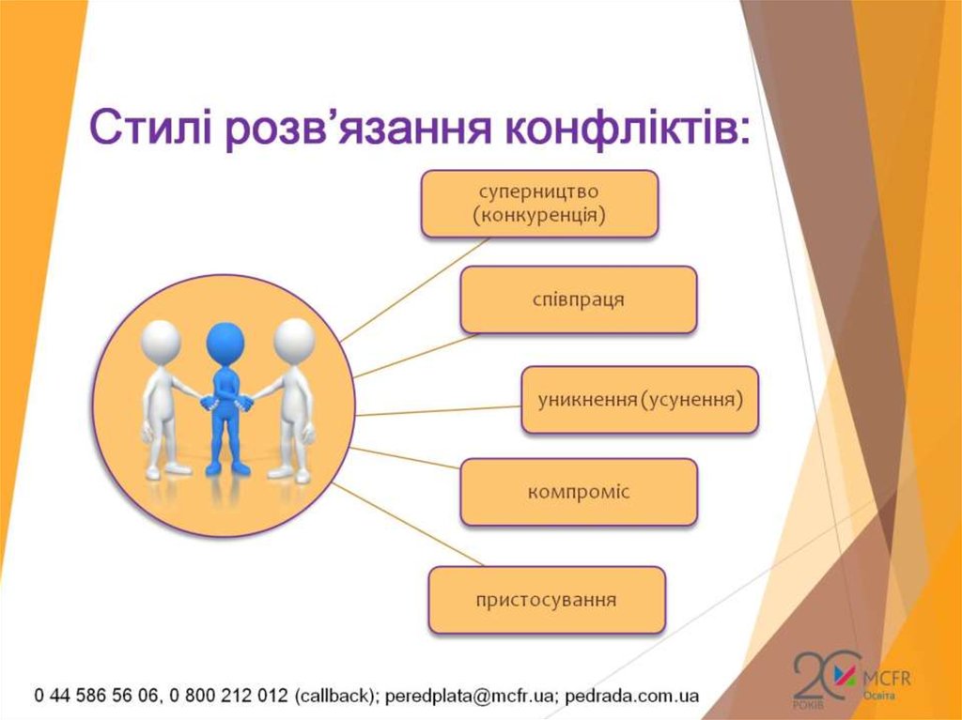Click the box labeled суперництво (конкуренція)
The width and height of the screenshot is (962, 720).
538,203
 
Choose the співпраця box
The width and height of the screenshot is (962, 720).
578,299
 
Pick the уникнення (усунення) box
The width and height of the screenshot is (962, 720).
640,400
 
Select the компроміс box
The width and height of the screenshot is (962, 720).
579,491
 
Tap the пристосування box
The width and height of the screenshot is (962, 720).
547,599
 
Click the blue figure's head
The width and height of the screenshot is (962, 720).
225,342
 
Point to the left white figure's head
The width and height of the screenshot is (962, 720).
161,340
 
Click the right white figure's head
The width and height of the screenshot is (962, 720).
293,338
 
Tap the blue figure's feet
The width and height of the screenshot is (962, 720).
228,467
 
